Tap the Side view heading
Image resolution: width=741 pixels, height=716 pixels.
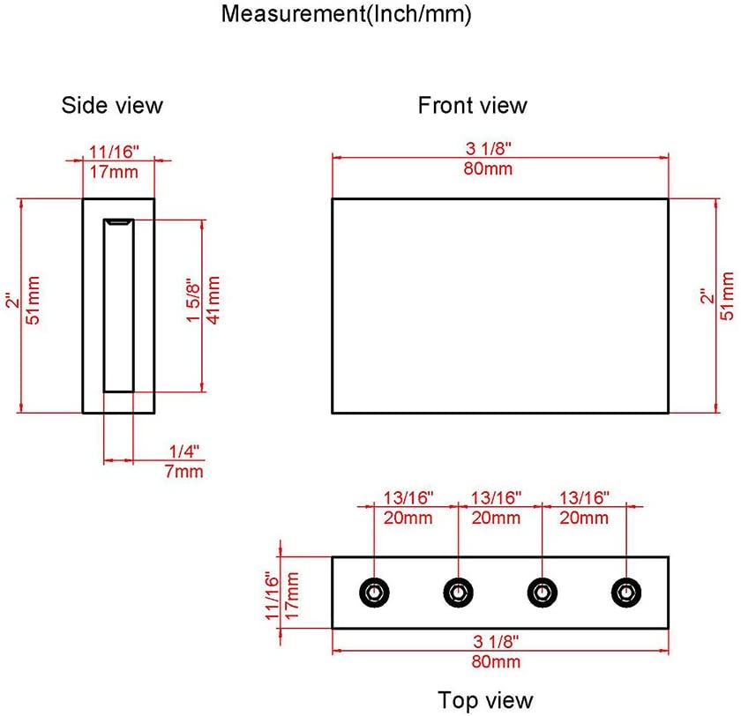coord(112,105)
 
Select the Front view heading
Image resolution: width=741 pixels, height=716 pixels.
coord(472,106)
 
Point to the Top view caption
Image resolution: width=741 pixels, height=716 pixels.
coord(485,700)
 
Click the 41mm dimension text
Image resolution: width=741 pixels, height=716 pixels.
coord(213,301)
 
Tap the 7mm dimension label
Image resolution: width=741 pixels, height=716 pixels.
coord(184,471)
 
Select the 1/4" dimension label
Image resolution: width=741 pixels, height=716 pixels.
coord(184,451)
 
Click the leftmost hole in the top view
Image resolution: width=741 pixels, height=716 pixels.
coord(375,592)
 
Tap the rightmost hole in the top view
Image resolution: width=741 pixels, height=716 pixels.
coord(626,592)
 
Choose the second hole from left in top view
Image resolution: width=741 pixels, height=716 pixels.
coord(458,592)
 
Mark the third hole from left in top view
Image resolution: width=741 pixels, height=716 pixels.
coord(542,592)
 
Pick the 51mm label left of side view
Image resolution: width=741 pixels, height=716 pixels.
coord(33,303)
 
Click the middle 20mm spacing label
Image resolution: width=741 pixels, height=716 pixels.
coord(496,518)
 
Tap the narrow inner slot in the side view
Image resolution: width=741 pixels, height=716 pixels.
coord(118,304)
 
